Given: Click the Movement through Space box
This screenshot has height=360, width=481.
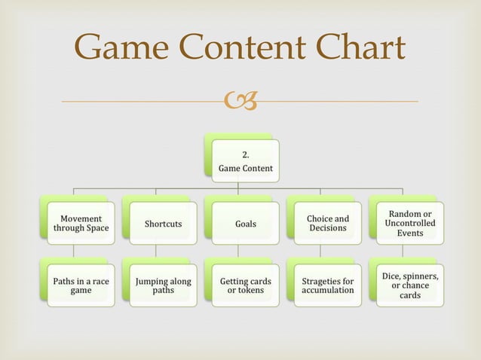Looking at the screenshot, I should pos(81,224).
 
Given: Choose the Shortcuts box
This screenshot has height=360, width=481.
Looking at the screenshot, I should pos(163,224).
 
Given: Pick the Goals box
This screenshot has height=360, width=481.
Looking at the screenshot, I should pos(245,224).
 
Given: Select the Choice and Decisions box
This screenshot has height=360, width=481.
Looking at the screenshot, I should pos(327,224).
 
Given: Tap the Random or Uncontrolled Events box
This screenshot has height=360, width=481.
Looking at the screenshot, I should pos(409,224).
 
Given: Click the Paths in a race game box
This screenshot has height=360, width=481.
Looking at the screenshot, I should pos(81,285).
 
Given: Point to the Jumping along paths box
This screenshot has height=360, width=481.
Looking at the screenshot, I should pos(163,285).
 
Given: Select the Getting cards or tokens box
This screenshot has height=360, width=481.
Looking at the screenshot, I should pos(245,285).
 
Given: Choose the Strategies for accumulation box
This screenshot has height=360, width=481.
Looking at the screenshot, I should pos(327,285).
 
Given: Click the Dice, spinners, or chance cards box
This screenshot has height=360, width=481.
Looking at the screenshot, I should pos(409,285).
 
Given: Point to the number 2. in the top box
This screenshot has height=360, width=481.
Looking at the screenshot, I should pos(245,155).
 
